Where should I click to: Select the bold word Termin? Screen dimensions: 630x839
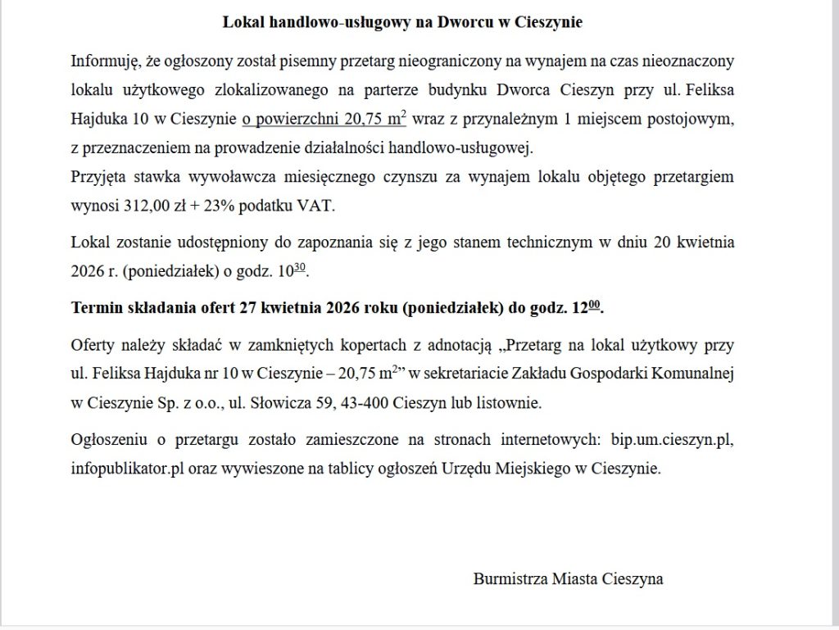(98, 308)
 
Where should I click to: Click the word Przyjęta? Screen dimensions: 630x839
(98, 176)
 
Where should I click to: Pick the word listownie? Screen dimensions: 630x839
(510, 404)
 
